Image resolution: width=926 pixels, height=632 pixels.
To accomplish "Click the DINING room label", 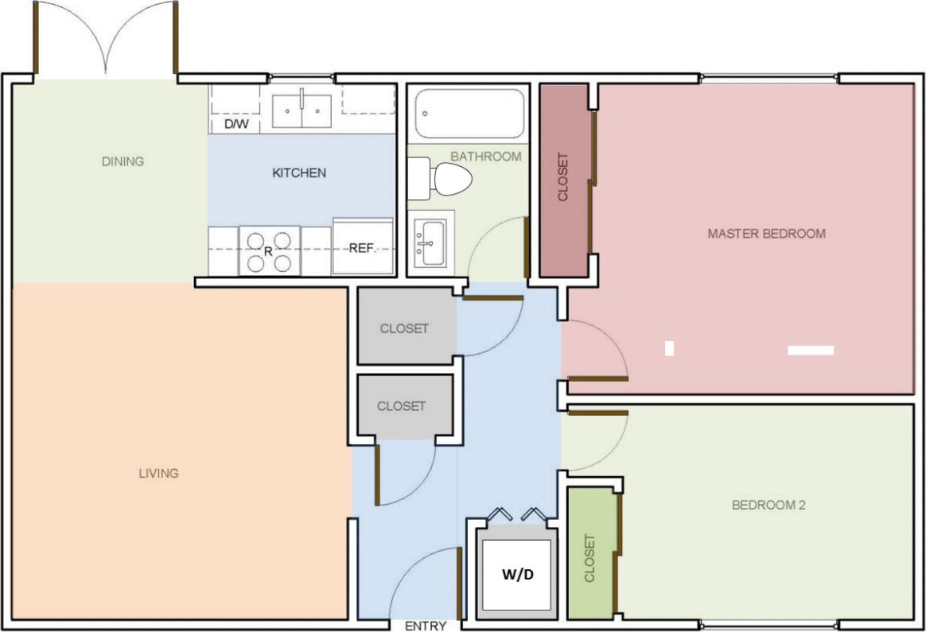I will tap(123, 161).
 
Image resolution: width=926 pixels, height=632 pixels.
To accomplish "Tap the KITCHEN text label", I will tap(299, 173).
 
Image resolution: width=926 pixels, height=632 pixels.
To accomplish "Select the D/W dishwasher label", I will tap(235, 125).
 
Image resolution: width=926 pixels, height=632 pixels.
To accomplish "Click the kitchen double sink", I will tap(302, 111).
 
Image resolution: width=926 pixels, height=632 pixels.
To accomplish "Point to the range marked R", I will tap(269, 250).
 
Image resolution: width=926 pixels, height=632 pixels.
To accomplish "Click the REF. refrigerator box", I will tap(362, 247).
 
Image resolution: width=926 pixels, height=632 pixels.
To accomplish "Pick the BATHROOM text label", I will tap(486, 156).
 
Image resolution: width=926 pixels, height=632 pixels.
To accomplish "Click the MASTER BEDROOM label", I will tap(766, 234).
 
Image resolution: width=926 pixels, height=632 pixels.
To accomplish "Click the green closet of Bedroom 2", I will tap(589, 556).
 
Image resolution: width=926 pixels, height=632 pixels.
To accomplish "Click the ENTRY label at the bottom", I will tap(426, 626).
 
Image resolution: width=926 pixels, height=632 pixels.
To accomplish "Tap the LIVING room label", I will tap(158, 473).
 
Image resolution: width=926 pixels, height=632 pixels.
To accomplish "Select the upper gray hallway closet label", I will tap(404, 328).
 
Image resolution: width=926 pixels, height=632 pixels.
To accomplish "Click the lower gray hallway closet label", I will tap(401, 405).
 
